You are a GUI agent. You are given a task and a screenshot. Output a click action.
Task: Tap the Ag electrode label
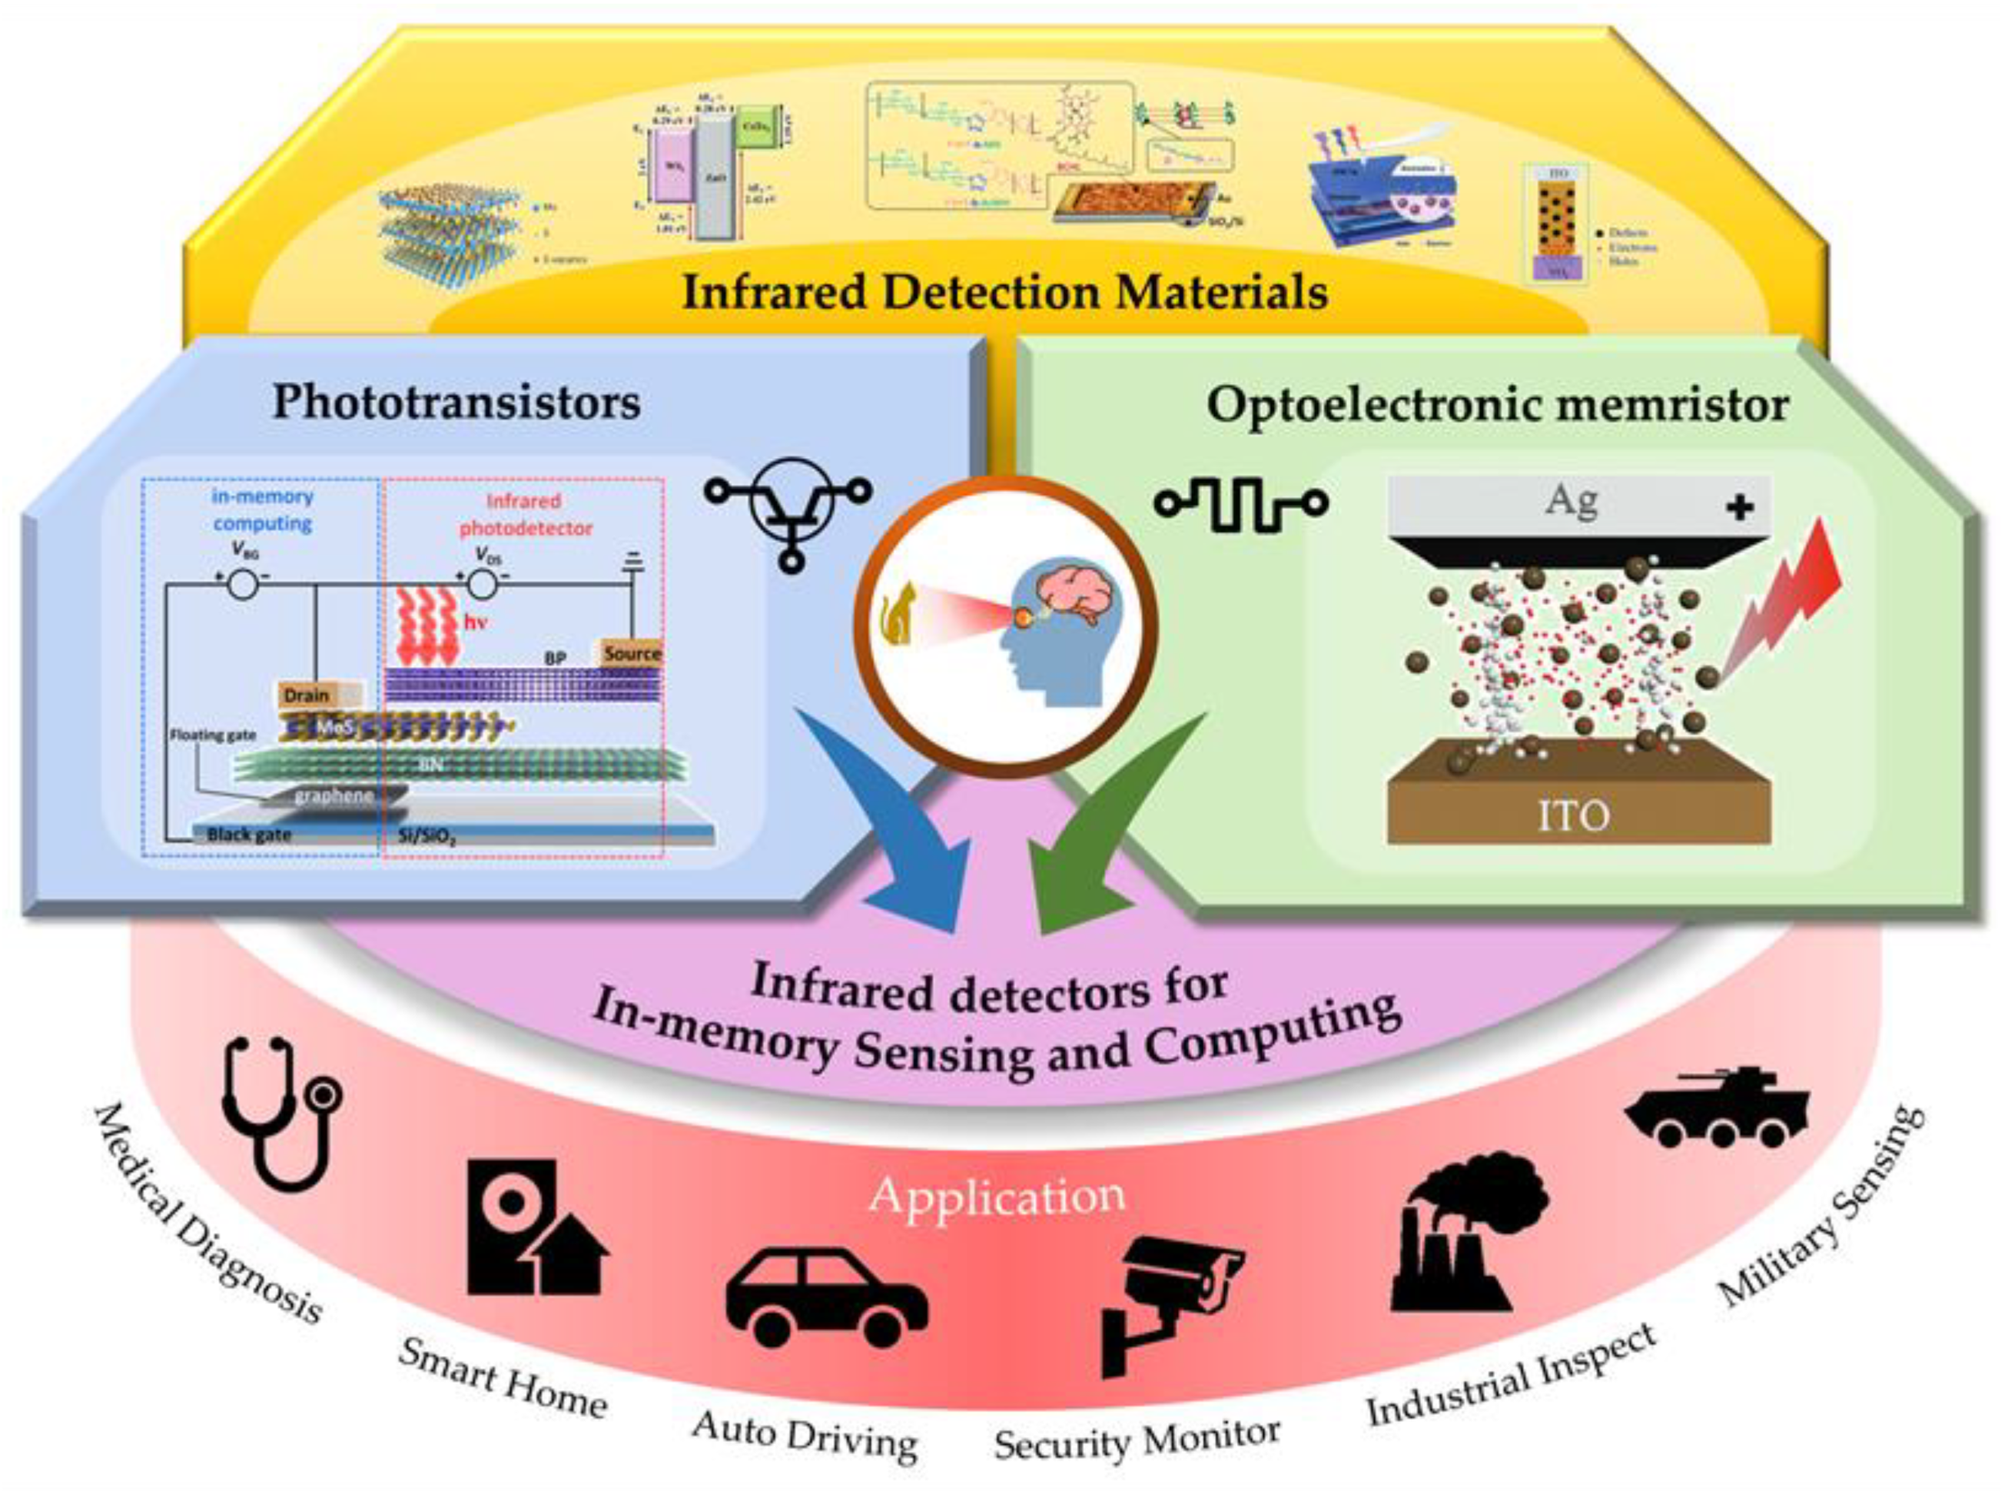tap(1572, 500)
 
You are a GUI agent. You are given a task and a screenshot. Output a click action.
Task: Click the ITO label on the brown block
tap(1573, 815)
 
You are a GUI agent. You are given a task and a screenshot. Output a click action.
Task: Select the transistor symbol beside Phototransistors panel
tap(789, 511)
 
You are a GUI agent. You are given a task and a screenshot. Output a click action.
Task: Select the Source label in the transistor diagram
tap(632, 653)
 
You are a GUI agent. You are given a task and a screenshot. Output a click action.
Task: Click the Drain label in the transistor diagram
tap(307, 695)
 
